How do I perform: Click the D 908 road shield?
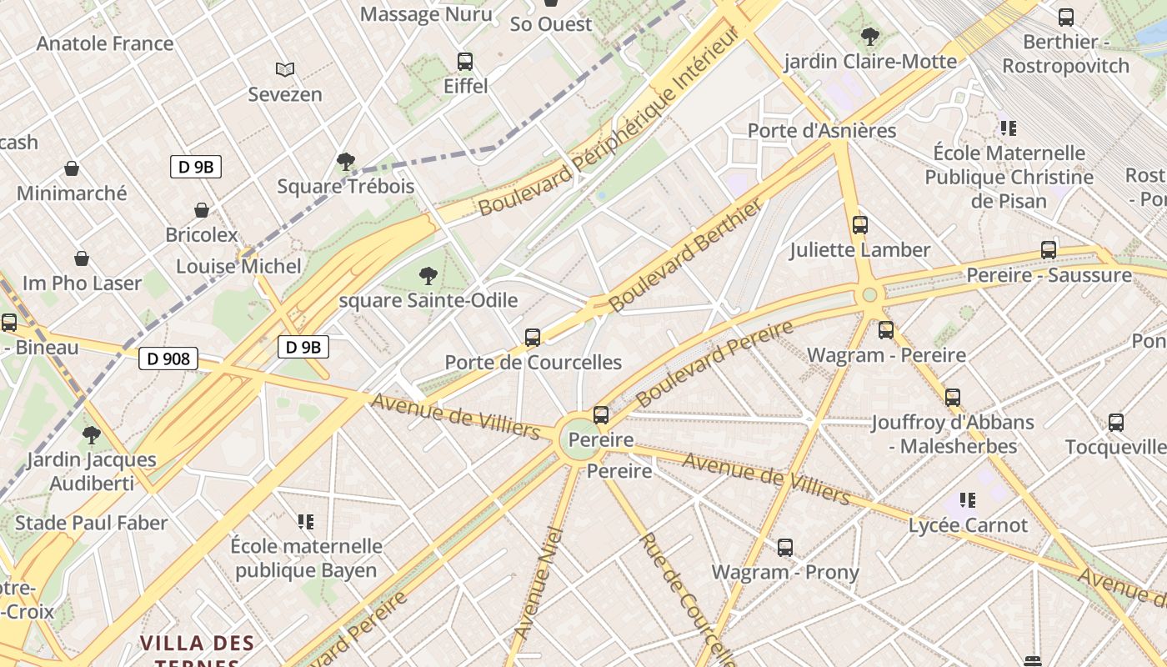[168, 359]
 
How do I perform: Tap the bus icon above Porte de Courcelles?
[533, 338]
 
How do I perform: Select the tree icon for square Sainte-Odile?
[428, 275]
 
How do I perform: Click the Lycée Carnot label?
[968, 525]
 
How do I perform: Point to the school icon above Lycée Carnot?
[968, 500]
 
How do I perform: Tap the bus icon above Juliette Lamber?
[859, 225]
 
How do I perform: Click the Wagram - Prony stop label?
[784, 572]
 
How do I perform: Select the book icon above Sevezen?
[285, 69]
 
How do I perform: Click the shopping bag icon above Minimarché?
[72, 168]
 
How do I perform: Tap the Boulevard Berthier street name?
[685, 255]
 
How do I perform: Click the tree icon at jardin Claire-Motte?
[869, 37]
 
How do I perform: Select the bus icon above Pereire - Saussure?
[1049, 250]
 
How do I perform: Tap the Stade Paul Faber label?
[92, 523]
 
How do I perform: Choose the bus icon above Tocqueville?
[1116, 423]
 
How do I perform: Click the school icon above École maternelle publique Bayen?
[306, 522]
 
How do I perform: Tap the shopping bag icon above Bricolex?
[201, 210]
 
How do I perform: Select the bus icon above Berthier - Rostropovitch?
[1065, 18]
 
